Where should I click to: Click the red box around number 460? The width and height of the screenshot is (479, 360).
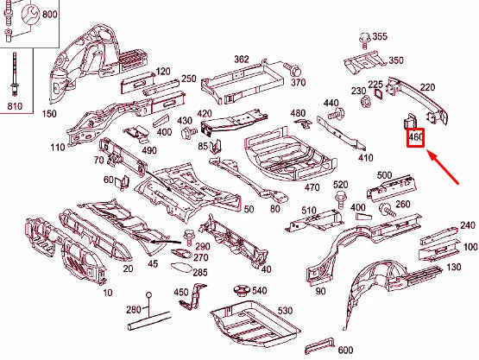point(415,136)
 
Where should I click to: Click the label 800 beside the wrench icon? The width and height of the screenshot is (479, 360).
point(50,16)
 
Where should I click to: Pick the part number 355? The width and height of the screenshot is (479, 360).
point(379,36)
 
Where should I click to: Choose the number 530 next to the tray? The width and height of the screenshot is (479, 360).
point(285,310)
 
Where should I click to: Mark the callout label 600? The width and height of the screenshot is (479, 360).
point(345,350)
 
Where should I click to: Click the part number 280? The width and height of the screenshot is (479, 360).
point(132,310)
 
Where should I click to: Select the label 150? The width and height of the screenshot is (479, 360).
point(48,114)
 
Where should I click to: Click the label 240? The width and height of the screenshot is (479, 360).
point(468,225)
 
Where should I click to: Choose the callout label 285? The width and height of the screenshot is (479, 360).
point(199,272)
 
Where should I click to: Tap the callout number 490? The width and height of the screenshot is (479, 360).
point(148,151)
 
